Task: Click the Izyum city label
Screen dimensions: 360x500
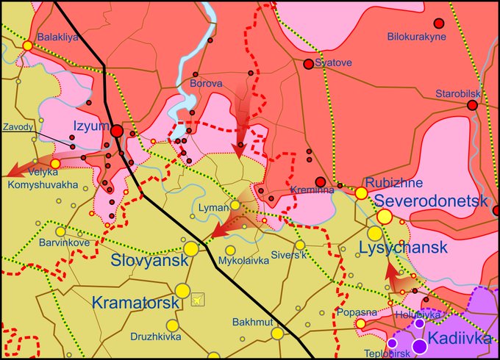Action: [x=90, y=126]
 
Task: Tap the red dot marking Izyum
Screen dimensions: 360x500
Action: [x=117, y=131]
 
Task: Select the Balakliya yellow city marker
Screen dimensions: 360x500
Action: [x=27, y=46]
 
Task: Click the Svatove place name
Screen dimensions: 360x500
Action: [x=333, y=63]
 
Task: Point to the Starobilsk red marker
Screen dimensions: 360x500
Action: [x=472, y=105]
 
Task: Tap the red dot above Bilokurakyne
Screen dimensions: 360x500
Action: [x=439, y=23]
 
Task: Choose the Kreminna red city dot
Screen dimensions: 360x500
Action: [x=320, y=181]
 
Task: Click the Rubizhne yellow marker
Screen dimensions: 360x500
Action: [x=361, y=193]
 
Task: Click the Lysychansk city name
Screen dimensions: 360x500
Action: [x=403, y=248]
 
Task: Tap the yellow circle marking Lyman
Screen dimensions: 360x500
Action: [x=235, y=206]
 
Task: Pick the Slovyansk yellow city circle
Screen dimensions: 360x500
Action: [x=191, y=249]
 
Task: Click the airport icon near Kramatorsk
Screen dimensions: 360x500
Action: [x=197, y=299]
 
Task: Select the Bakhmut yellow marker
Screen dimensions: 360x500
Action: [x=277, y=333]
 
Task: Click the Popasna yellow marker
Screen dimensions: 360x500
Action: [x=360, y=323]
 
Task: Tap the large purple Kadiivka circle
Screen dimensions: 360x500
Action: [x=419, y=345]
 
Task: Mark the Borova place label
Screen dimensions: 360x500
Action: [x=206, y=84]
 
